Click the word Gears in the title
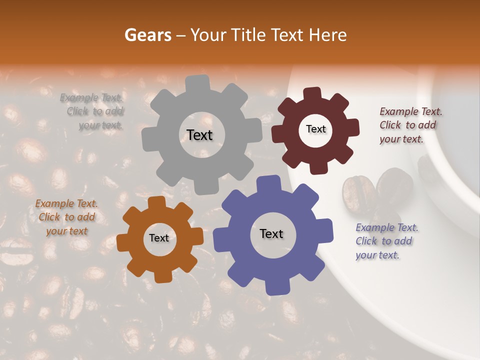point(147,35)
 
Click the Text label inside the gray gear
point(199,135)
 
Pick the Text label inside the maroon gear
point(315,129)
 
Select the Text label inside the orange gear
point(159,238)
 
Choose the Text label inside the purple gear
point(271,234)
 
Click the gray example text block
point(92,111)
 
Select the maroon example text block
point(410,125)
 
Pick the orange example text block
point(66,217)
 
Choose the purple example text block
point(386,241)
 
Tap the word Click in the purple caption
point(366,241)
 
